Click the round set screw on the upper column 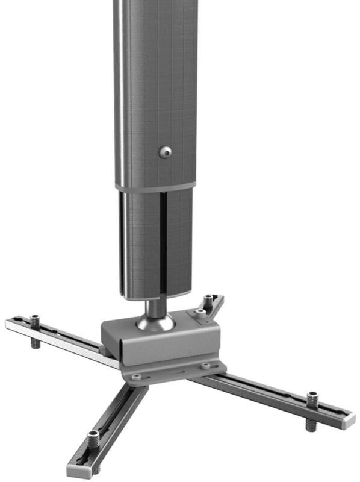point(164,152)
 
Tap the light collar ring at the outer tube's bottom point(156,187)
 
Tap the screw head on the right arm point(312,397)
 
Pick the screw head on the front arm point(93,435)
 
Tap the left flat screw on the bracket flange point(136,377)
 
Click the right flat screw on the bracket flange point(206,365)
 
